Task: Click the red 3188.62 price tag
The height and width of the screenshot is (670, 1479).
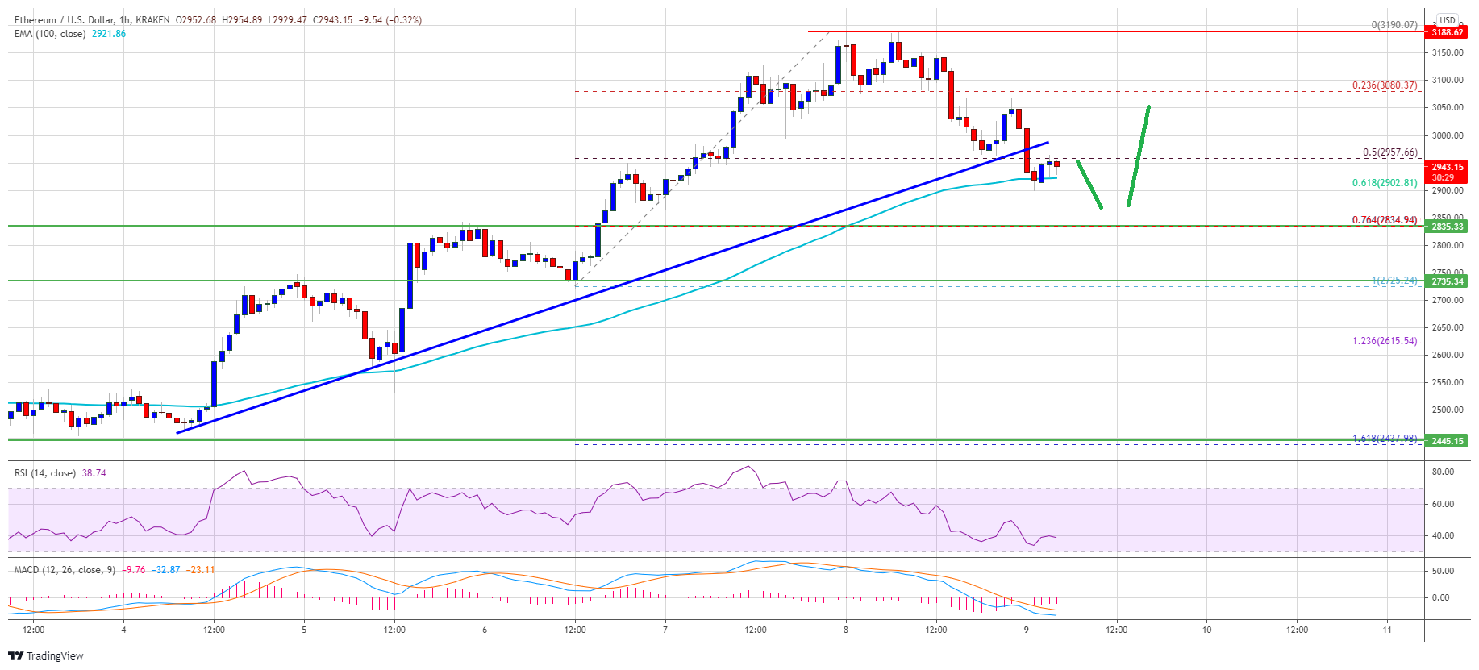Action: coord(1447,32)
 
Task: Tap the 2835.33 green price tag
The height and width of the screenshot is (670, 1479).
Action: coord(1447,227)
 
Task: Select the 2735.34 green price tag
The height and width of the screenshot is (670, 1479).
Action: coord(1447,281)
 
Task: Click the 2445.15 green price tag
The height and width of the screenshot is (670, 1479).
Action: coord(1447,441)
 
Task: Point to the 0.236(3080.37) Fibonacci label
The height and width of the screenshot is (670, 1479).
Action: coord(1384,85)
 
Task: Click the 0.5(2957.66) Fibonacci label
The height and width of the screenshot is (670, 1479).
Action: coord(1389,152)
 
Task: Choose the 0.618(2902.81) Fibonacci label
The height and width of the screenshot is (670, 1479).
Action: coord(1384,183)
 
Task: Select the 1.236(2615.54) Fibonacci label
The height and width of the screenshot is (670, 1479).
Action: coord(1384,341)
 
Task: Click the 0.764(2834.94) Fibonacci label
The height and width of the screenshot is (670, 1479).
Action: coord(1384,219)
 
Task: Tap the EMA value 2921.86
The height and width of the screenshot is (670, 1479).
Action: coord(108,34)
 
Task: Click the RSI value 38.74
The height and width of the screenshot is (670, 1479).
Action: coord(94,473)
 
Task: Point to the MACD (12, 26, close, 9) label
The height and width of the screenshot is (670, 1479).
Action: coord(65,570)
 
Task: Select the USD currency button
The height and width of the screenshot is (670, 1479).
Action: coord(1447,20)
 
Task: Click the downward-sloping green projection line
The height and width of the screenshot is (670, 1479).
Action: coord(1089,185)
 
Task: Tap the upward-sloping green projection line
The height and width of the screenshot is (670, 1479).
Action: coord(1138,156)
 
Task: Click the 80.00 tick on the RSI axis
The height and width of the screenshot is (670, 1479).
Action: coord(1443,472)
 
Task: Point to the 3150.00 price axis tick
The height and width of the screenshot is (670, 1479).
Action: coord(1447,52)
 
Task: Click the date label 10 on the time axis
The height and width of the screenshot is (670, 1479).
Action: coord(1206,630)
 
